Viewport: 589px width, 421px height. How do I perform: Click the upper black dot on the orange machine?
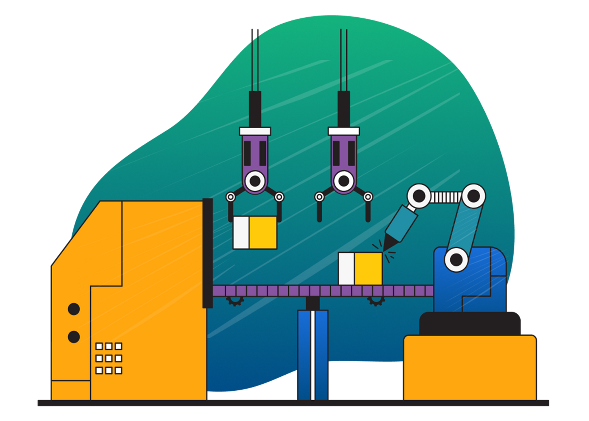tap(74, 309)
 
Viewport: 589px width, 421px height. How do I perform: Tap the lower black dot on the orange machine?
tap(74, 337)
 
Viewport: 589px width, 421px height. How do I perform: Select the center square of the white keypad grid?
tap(109, 358)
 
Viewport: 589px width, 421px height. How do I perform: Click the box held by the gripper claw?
tap(255, 232)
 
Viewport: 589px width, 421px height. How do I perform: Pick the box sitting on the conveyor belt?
tap(360, 268)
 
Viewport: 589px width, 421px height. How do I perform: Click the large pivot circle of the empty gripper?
tap(344, 181)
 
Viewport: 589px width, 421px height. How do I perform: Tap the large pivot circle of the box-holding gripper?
tap(255, 181)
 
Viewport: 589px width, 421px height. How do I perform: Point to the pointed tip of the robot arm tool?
tap(386, 247)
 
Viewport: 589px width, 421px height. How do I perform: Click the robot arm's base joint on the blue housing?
tap(456, 259)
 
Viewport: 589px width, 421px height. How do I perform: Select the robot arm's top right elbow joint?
tap(473, 195)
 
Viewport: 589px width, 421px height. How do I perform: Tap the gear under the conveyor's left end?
tap(235, 301)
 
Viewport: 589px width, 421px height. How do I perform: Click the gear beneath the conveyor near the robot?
tap(375, 301)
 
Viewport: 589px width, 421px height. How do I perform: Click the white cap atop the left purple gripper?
tap(255, 131)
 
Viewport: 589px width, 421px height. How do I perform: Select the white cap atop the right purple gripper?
tap(344, 131)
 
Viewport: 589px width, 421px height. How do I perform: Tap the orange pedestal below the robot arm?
tap(470, 367)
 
